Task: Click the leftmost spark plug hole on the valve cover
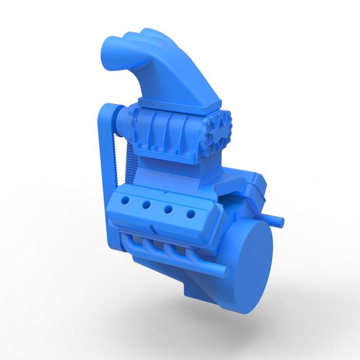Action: tap(126, 200)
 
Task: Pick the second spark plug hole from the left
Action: tap(147, 205)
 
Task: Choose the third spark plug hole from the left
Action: tap(167, 209)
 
